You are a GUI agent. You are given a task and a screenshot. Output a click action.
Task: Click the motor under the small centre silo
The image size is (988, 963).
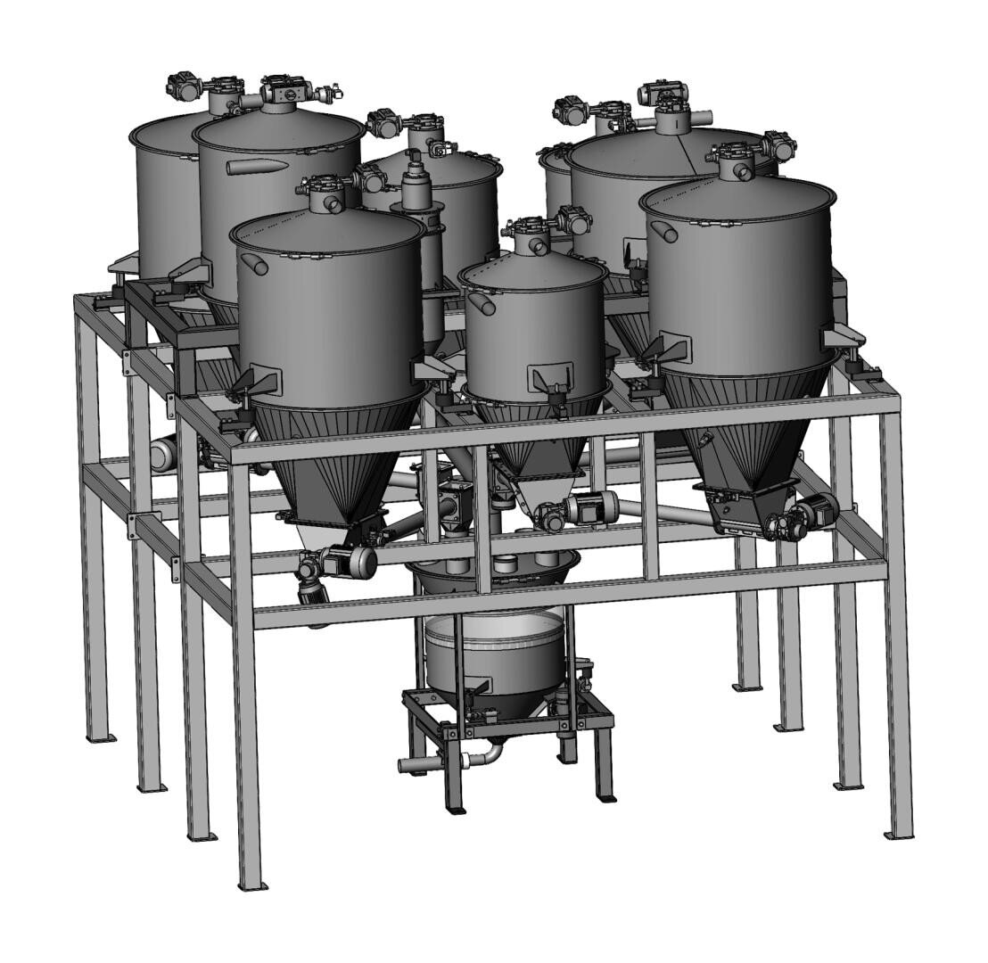point(589,508)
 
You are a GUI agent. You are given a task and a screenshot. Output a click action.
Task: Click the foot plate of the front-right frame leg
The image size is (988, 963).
point(898,835)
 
